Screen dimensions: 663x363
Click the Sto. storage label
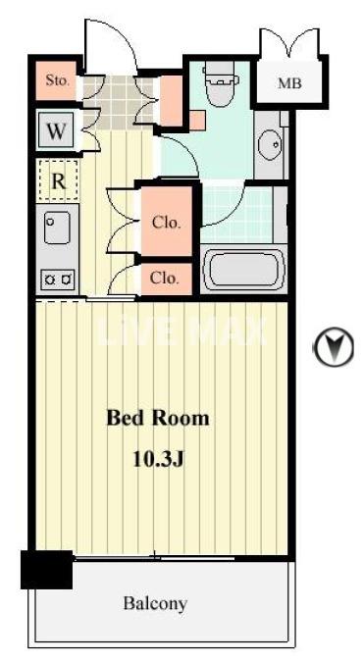[x=57, y=80]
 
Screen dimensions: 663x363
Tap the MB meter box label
[x=289, y=83]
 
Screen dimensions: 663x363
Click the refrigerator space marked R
[x=57, y=180]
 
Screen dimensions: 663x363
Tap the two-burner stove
[x=56, y=280]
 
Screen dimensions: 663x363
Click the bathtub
[x=243, y=270]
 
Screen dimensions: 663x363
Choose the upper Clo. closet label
[x=166, y=223]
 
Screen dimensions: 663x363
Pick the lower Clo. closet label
[x=165, y=279]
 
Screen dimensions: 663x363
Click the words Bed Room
[x=158, y=419]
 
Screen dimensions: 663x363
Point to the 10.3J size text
[x=158, y=457]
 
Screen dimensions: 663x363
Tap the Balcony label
[x=155, y=603]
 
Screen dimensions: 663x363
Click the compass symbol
[x=334, y=346]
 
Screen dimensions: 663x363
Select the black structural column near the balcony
[x=46, y=569]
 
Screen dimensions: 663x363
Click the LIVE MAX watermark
[x=181, y=331]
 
